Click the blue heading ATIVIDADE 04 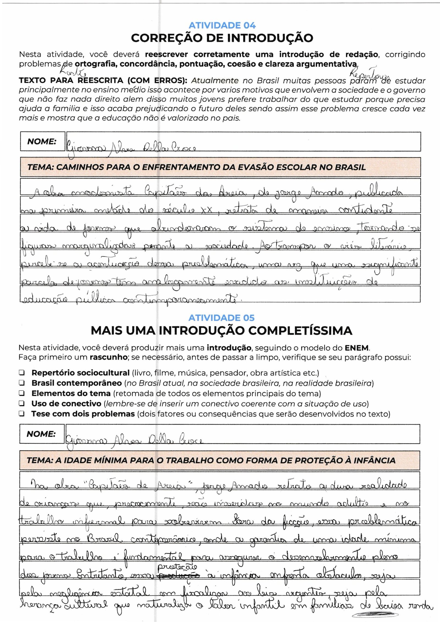click(x=222, y=26)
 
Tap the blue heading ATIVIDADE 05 click(x=221, y=318)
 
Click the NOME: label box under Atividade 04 click(x=42, y=142)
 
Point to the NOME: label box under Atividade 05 click(x=42, y=434)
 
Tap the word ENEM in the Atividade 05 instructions click(x=357, y=348)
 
